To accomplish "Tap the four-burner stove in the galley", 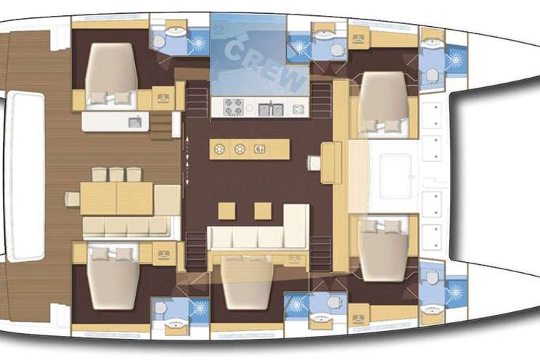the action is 234,107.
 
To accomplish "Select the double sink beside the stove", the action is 271,109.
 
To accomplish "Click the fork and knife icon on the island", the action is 260,150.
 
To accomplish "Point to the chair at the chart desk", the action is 314,163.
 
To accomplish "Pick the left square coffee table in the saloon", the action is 226,210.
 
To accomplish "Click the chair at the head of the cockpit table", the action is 73,199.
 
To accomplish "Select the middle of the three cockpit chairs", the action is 116,175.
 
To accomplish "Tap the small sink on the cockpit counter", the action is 135,122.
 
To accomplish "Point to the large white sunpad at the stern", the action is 26,176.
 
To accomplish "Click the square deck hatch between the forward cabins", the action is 396,176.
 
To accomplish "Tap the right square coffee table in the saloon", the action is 263,210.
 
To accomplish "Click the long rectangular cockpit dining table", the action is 117,198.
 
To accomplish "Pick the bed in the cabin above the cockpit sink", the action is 112,73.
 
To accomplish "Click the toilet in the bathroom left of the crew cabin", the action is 159,41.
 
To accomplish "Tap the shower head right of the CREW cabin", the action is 299,46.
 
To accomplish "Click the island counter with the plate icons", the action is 250,150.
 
